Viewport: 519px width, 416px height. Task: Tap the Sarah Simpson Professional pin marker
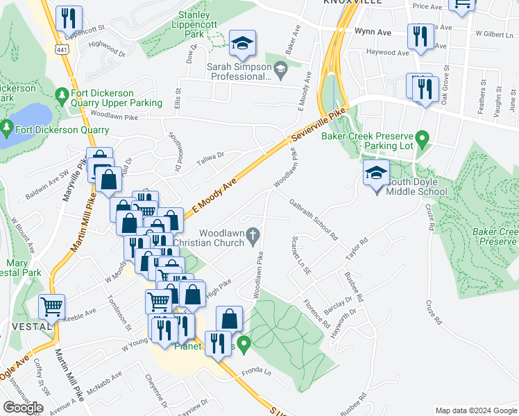click(x=280, y=67)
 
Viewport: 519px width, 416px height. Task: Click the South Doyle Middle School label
click(x=417, y=187)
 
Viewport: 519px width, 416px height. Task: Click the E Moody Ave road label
click(x=214, y=195)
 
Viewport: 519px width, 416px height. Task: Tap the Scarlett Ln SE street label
click(x=300, y=254)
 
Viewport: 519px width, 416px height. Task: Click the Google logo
click(x=23, y=408)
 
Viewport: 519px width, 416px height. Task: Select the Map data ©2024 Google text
click(x=475, y=410)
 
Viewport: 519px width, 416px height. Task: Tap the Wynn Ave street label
click(x=373, y=32)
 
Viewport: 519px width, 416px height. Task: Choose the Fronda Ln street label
click(x=256, y=374)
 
